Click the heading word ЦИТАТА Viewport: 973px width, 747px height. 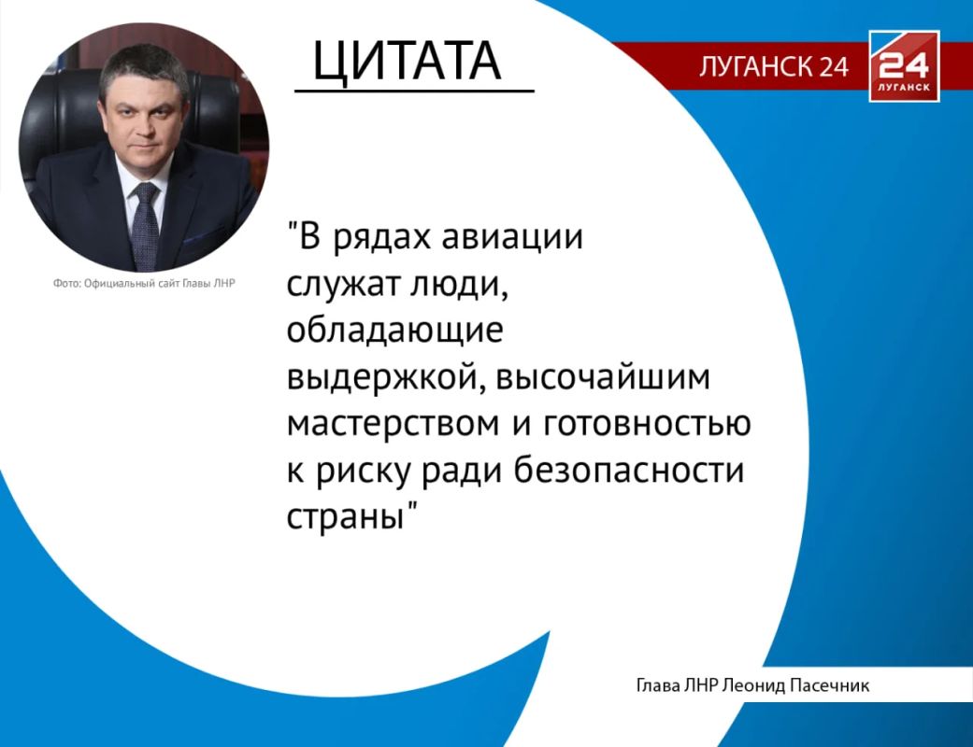408,62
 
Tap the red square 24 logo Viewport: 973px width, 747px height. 904,65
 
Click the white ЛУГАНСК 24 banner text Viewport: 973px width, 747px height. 774,65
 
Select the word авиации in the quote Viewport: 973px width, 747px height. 512,237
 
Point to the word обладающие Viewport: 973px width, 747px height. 394,331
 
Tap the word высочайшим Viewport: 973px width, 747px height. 603,377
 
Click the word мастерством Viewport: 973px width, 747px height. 393,424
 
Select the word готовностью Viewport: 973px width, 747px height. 647,424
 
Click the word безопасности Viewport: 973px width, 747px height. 629,470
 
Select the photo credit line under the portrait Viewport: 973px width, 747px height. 144,283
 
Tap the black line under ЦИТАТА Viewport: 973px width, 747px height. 414,92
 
